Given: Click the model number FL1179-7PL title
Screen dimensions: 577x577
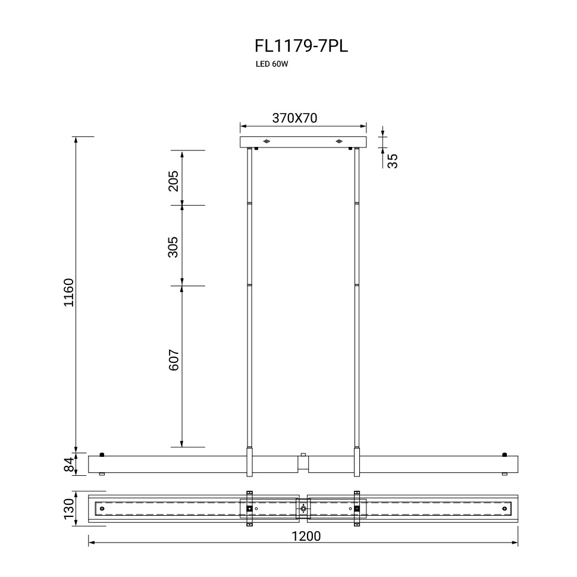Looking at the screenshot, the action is pyautogui.click(x=301, y=46).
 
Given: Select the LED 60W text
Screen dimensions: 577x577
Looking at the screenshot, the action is pyautogui.click(x=272, y=64).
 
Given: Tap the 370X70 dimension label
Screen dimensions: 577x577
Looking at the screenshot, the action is pyautogui.click(x=295, y=118).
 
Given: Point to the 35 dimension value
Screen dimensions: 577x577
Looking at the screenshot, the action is pyautogui.click(x=393, y=161).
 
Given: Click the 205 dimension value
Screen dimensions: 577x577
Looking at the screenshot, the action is pyautogui.click(x=173, y=181).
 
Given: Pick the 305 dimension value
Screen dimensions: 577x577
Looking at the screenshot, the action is pyautogui.click(x=173, y=247).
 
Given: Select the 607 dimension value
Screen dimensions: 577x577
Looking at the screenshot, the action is pyautogui.click(x=173, y=360).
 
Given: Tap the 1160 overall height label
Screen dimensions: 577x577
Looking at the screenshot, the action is pyautogui.click(x=69, y=293).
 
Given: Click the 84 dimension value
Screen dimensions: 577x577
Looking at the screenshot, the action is pyautogui.click(x=69, y=465).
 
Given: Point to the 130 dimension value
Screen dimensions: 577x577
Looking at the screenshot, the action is pyautogui.click(x=69, y=509).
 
